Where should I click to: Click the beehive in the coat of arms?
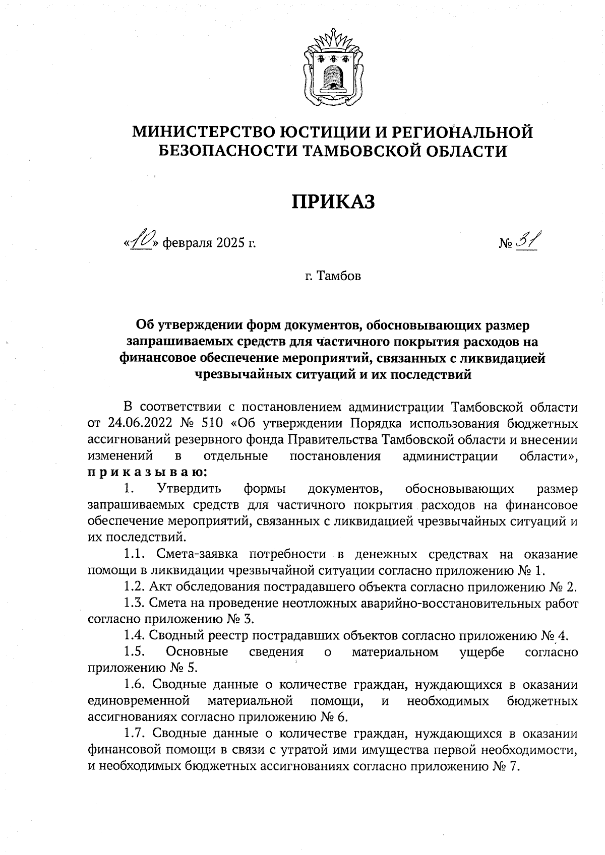[x=332, y=73]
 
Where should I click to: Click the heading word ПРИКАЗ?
[x=333, y=202]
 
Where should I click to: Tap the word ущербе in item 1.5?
[x=482, y=652]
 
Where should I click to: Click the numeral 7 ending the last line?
[x=514, y=766]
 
